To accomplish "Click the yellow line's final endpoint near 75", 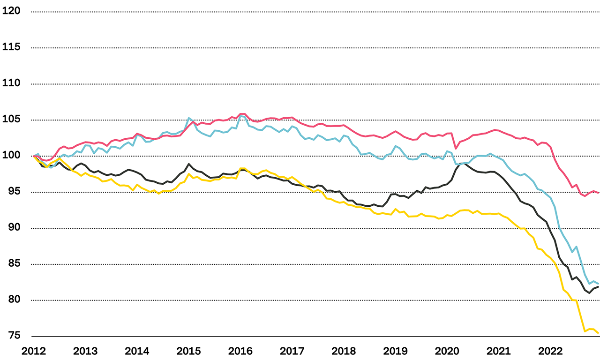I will point(598,333).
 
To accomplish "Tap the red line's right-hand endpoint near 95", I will point(598,192).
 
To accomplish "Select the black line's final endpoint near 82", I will point(598,287).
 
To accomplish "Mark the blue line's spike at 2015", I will point(188,118).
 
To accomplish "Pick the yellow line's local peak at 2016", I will point(241,168).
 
